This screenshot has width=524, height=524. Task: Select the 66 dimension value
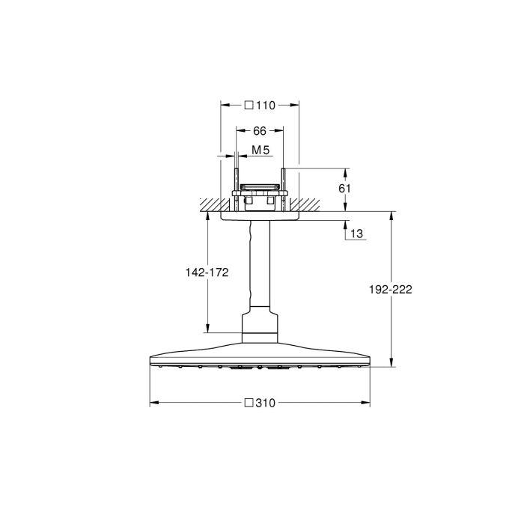coord(260,130)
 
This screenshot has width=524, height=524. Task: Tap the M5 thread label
coord(260,150)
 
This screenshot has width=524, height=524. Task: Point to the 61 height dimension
coord(344,189)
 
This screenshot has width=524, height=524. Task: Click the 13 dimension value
coord(356,234)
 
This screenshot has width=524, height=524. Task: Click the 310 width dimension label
coord(265,403)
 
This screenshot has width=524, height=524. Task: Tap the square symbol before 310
coord(248,403)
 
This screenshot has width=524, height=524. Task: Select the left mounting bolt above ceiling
coord(237,183)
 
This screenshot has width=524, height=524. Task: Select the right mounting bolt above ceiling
coord(284,183)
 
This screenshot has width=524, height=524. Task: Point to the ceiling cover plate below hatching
coord(260,216)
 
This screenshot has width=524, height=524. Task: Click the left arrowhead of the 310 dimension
coord(153,403)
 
